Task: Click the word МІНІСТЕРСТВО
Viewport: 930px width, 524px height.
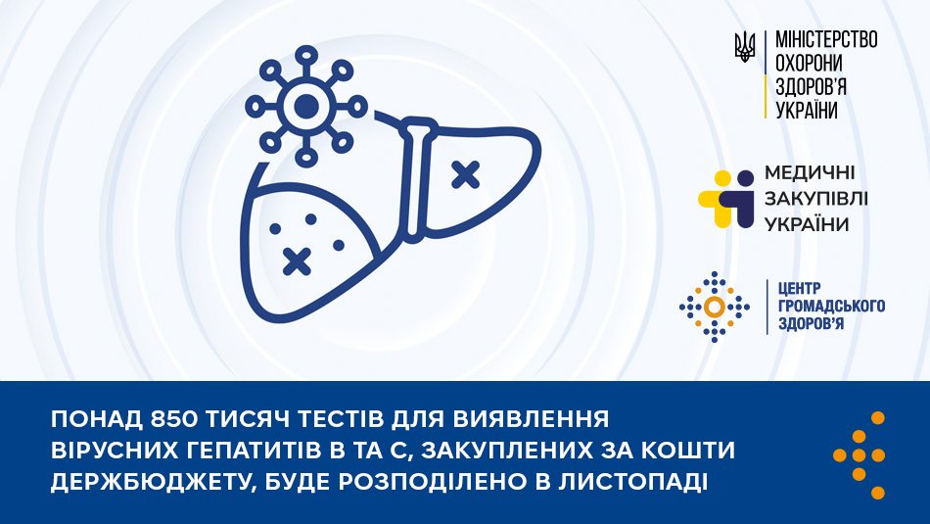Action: click(x=826, y=40)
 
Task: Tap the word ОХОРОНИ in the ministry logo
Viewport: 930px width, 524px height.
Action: click(x=809, y=64)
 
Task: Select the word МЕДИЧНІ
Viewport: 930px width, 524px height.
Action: click(x=815, y=174)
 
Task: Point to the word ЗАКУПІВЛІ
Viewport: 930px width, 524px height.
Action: click(x=819, y=199)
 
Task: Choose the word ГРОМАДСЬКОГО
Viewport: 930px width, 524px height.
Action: click(x=829, y=306)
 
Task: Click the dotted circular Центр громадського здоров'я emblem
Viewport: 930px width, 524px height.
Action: click(x=715, y=308)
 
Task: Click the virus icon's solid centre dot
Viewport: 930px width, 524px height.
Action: click(x=306, y=104)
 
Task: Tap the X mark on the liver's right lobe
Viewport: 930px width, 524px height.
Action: click(x=465, y=174)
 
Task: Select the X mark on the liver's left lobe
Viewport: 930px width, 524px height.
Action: click(x=297, y=260)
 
